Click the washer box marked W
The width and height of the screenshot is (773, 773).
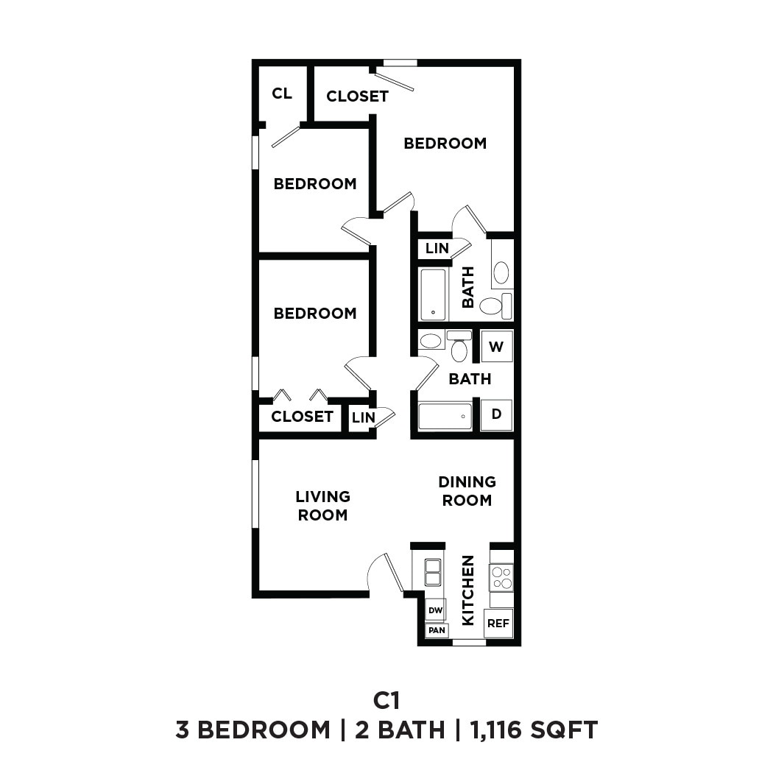[497, 346]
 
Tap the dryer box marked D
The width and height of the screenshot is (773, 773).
[497, 414]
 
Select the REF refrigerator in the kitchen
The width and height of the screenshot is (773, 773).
[498, 624]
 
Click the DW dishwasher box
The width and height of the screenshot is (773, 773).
[435, 610]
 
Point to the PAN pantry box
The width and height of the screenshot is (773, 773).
[437, 630]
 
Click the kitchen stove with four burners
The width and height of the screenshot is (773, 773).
[501, 577]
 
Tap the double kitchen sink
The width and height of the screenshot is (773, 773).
[433, 572]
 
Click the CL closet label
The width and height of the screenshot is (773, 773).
[282, 93]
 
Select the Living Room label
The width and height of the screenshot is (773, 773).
[322, 506]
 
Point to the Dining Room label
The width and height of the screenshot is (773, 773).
[467, 491]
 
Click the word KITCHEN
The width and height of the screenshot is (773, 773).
[467, 590]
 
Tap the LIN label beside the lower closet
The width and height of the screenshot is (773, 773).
[363, 417]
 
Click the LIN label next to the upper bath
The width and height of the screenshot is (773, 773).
[437, 249]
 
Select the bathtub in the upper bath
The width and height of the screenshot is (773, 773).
[433, 294]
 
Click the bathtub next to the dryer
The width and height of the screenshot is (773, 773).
[445, 416]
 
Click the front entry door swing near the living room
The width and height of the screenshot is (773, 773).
[384, 573]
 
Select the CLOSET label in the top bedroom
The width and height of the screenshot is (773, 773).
[357, 96]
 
